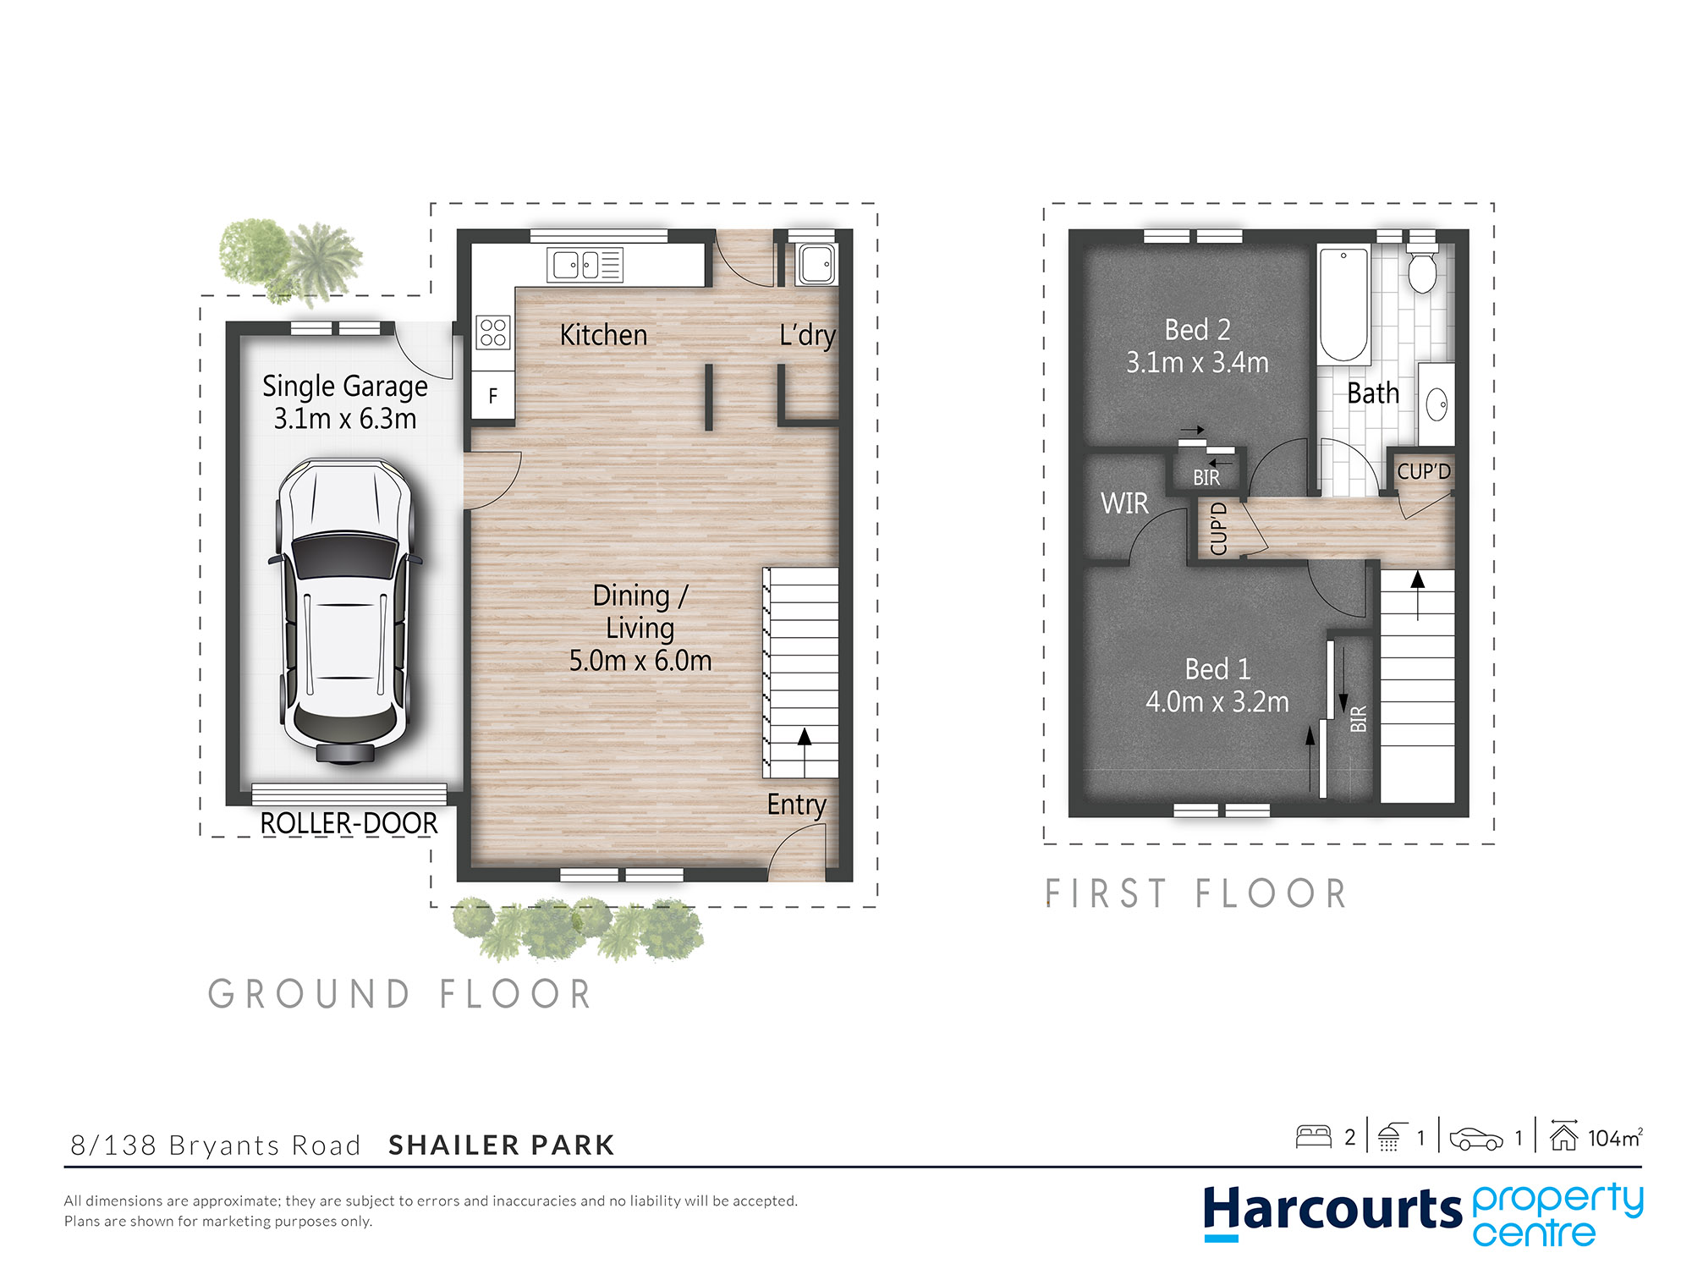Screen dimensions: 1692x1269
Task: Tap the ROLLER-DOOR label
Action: [x=349, y=823]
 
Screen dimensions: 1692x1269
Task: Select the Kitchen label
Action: [x=603, y=335]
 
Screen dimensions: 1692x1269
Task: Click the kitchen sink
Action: [x=585, y=265]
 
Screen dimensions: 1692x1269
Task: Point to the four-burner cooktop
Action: [x=493, y=332]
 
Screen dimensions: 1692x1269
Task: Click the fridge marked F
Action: [x=493, y=395]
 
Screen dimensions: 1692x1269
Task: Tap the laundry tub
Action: [x=816, y=263]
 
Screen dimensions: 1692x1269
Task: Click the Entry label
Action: [x=796, y=805]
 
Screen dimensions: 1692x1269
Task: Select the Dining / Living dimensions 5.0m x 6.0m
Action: [x=640, y=661]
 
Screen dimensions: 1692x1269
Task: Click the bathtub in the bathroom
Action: [x=1343, y=305]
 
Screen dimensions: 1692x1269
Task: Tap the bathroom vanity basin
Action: [x=1437, y=404]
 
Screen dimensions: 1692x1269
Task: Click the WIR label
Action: [x=1124, y=503]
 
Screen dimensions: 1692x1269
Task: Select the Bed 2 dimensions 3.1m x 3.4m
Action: [x=1197, y=362]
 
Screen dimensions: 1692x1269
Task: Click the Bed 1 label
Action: [x=1217, y=669]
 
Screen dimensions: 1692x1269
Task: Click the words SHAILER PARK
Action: [x=502, y=1145]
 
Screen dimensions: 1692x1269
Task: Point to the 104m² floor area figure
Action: [x=1615, y=1138]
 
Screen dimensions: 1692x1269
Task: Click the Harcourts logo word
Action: [x=1332, y=1209]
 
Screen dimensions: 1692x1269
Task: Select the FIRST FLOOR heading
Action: [x=1195, y=894]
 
